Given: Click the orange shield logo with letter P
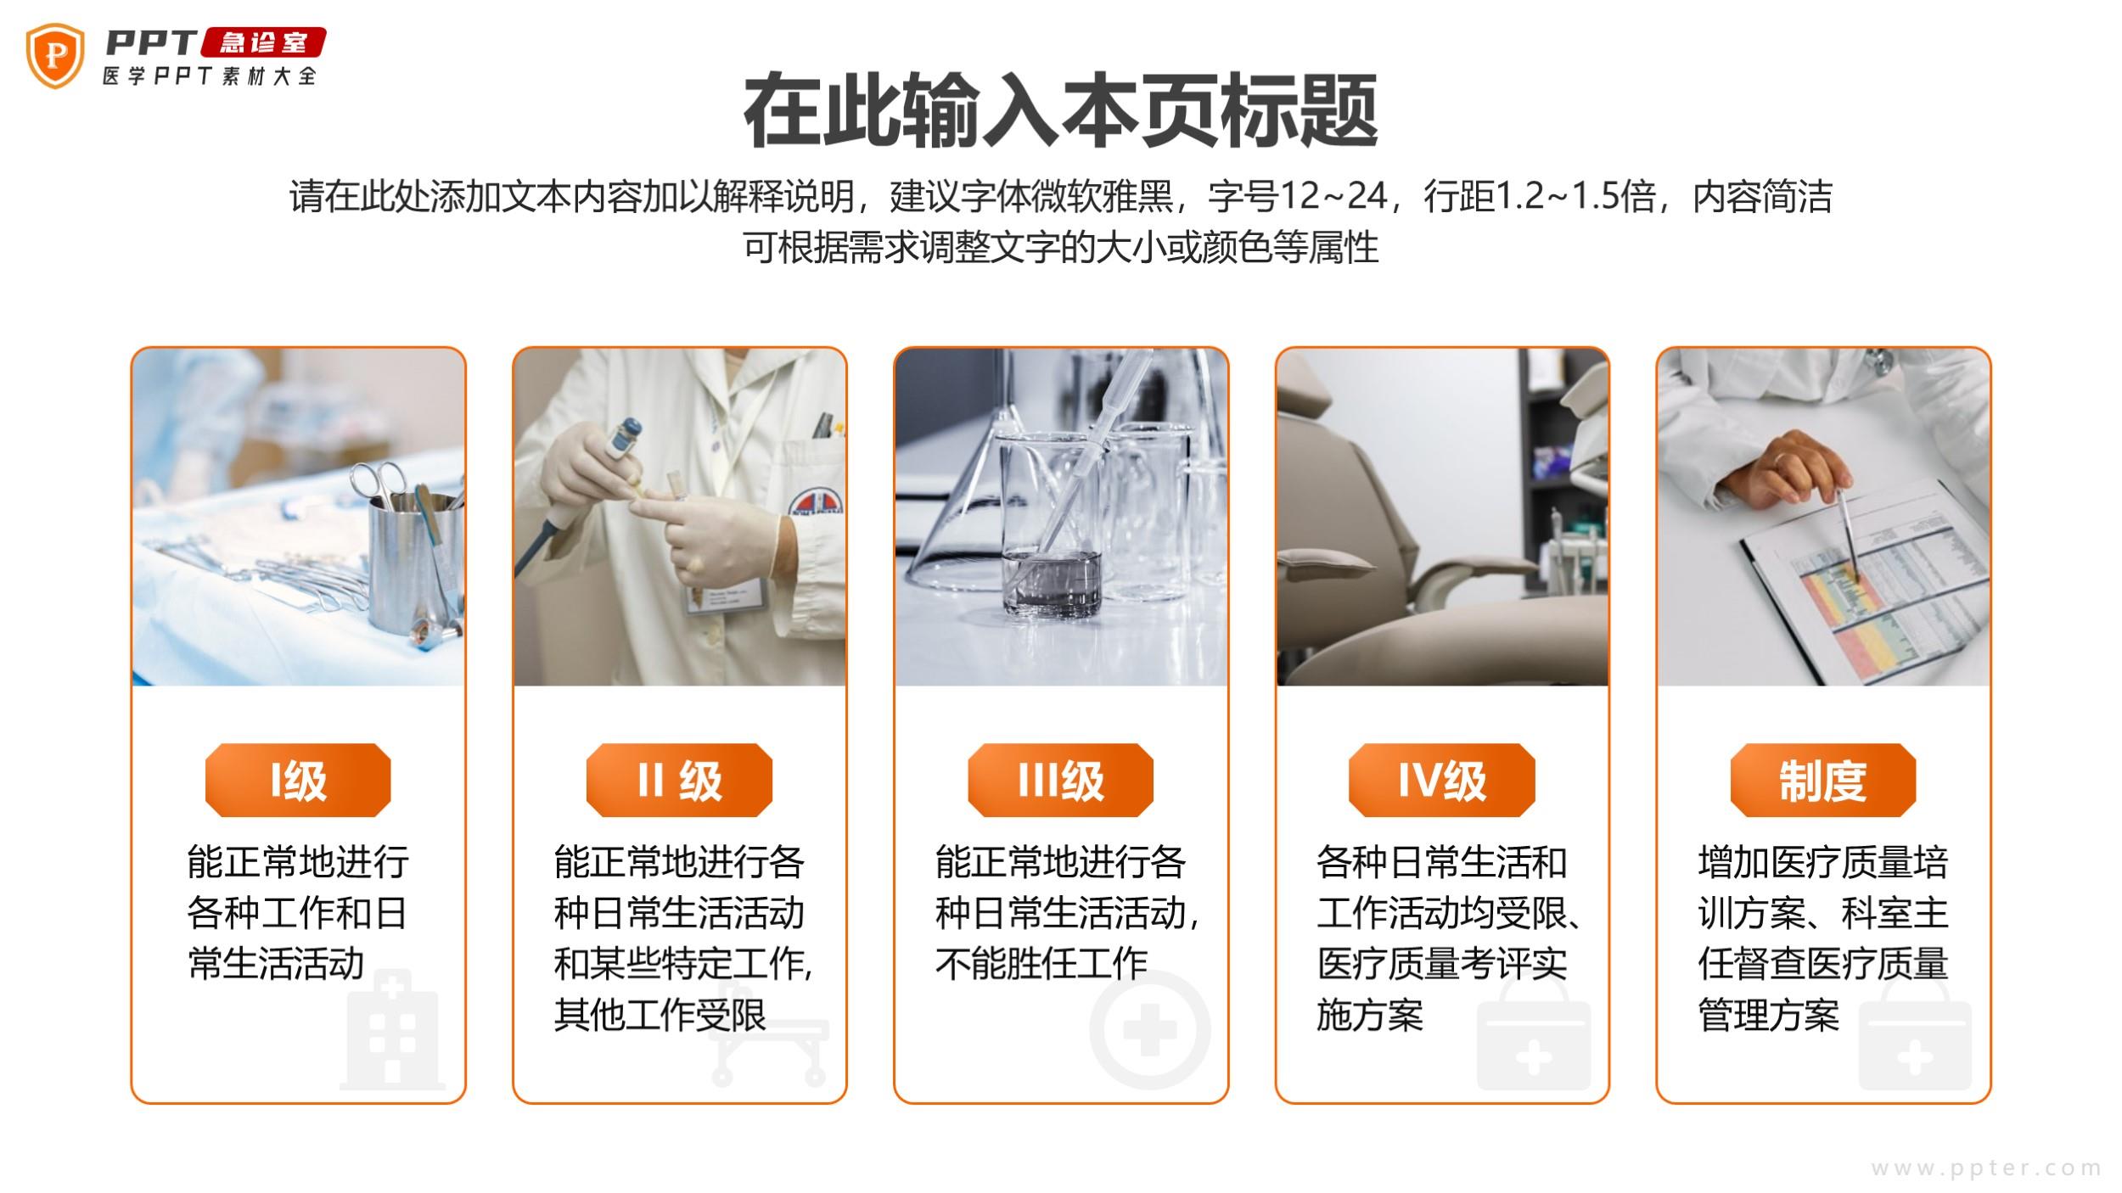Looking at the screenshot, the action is [x=55, y=56].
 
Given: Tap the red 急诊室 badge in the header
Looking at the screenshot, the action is [x=263, y=42].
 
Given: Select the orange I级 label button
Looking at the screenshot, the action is [x=298, y=780].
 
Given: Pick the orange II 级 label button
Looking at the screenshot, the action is [x=679, y=780].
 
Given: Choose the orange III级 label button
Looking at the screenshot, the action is [x=1060, y=780].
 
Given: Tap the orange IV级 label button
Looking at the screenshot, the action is [x=1442, y=780].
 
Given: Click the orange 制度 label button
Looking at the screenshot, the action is [x=1823, y=780].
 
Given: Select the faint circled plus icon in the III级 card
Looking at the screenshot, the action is [x=1150, y=1030].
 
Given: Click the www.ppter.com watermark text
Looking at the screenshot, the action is [x=1986, y=1168].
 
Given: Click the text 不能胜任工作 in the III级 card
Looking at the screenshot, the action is [x=1041, y=963].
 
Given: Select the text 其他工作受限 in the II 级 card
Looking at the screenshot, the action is [x=660, y=1014].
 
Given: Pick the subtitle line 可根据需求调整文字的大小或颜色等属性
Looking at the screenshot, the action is [x=1060, y=247].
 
